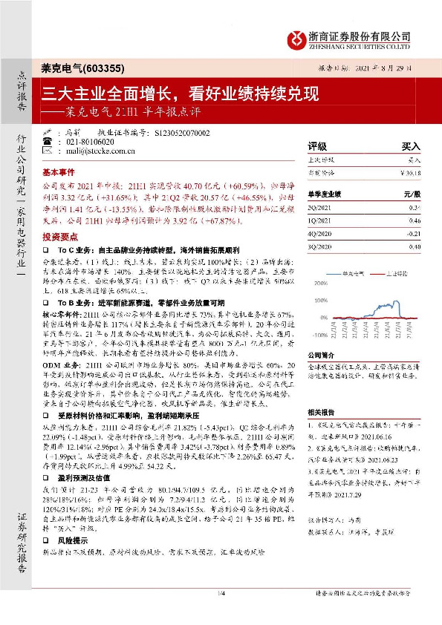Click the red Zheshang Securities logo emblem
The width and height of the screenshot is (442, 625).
[x=297, y=37]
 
